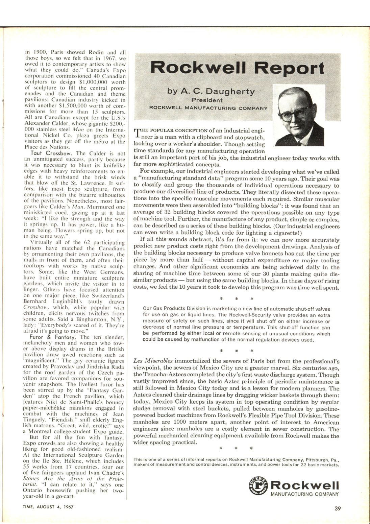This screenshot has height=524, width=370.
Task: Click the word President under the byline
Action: tap(207, 100)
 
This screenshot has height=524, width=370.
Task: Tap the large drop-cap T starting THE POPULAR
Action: tap(137, 133)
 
